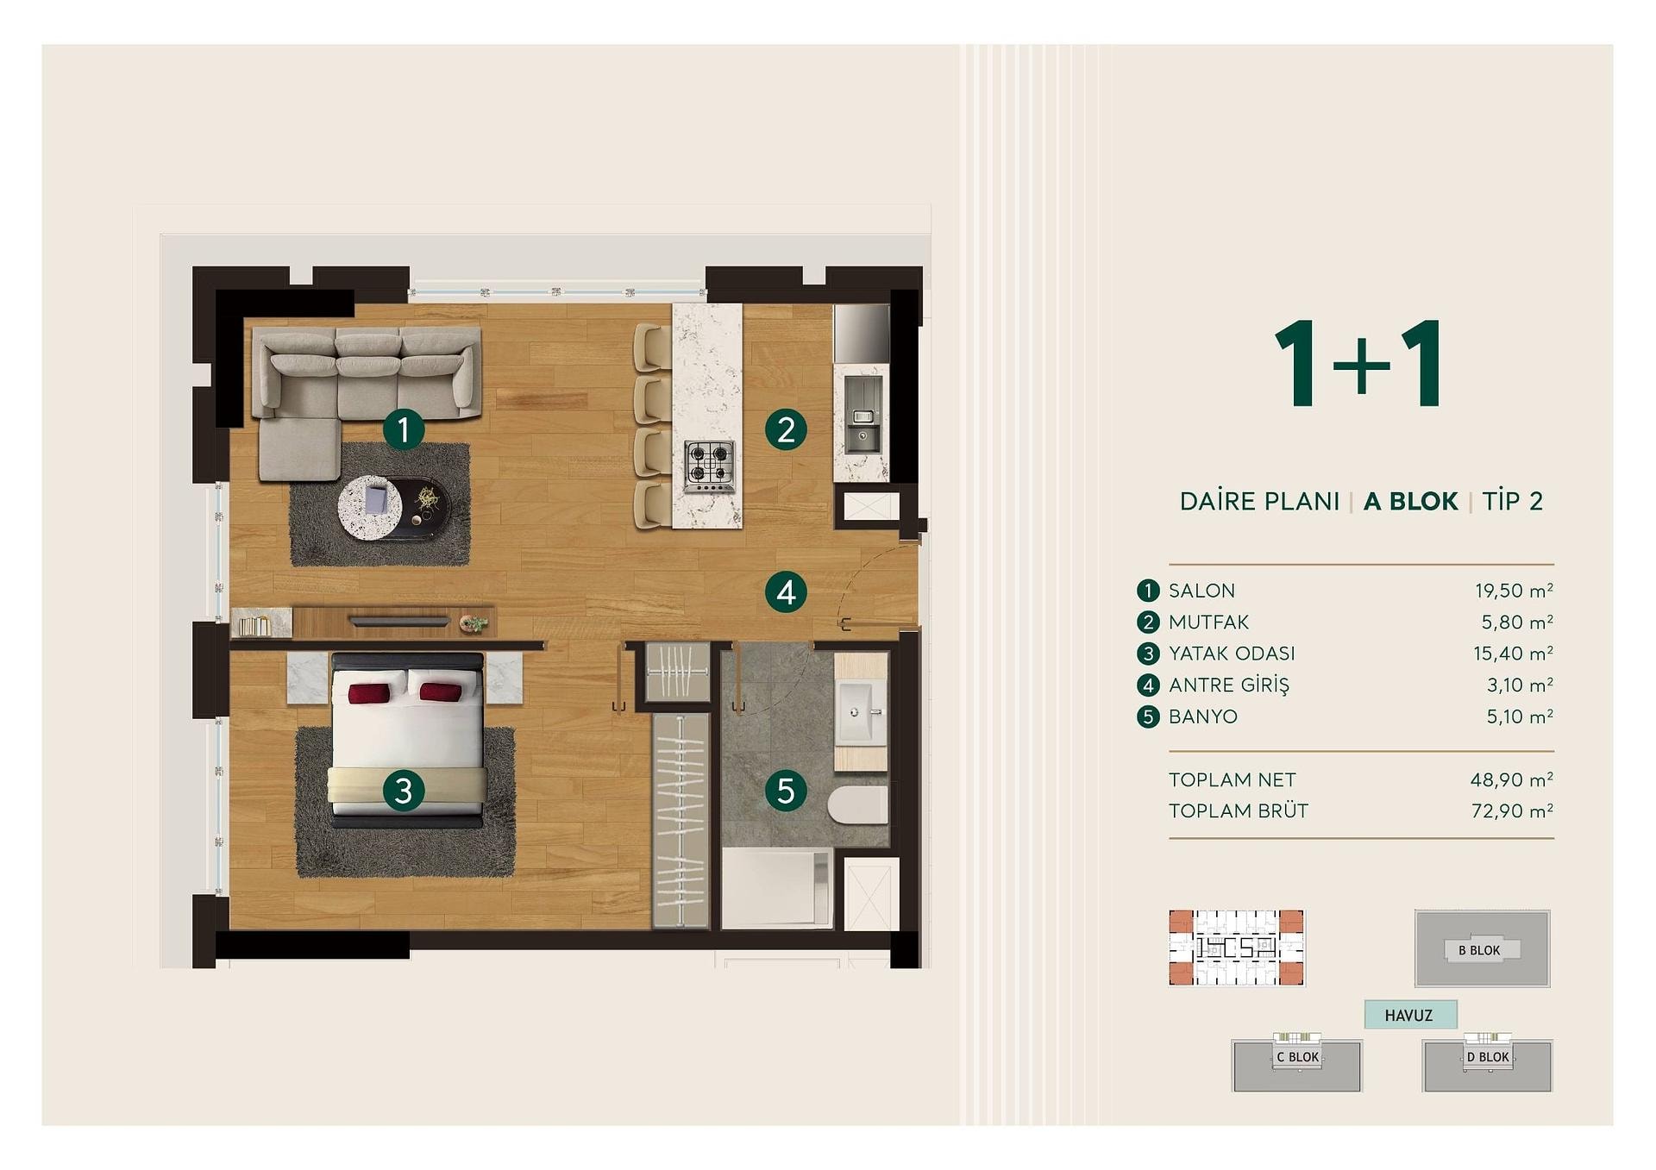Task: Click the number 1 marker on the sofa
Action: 403,429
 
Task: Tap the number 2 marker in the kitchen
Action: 786,429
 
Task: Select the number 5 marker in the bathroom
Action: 786,791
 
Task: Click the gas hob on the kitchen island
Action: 710,466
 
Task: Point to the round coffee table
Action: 370,509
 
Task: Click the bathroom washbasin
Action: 860,712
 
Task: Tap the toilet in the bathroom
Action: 857,805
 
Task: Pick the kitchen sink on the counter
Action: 862,428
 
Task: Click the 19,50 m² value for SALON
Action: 1514,591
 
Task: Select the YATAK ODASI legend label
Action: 1232,654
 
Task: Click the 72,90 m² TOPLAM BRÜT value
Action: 1512,810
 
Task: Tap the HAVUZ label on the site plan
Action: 1408,1016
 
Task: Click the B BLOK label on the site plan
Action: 1479,950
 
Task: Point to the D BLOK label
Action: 1488,1057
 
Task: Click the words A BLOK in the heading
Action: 1410,501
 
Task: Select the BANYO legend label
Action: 1203,716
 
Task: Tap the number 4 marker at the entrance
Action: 786,592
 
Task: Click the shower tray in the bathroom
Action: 777,889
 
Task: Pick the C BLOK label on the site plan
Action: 1297,1057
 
